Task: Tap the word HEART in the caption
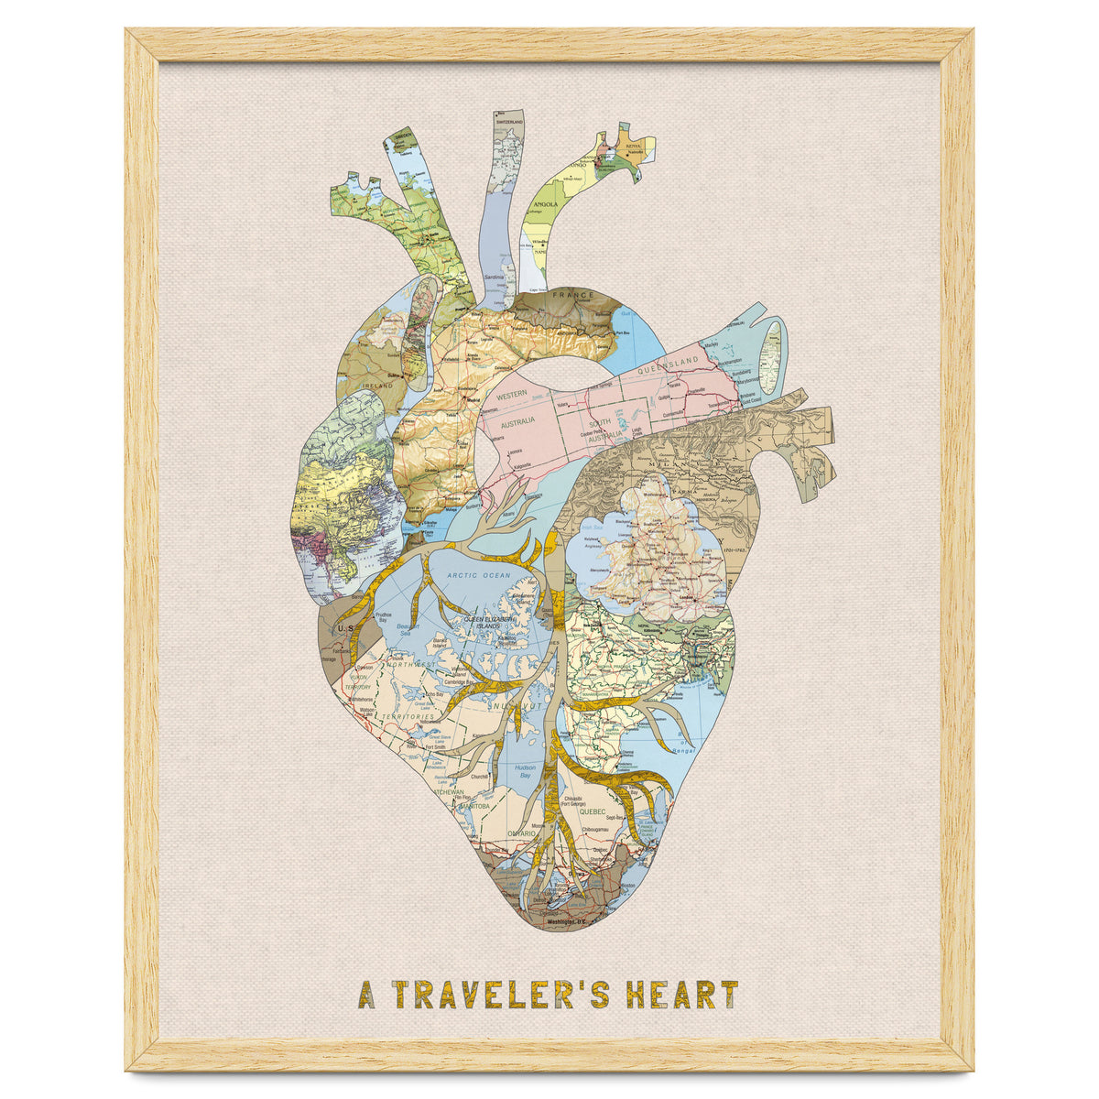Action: click(682, 994)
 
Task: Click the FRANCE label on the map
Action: click(572, 296)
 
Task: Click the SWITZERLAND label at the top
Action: click(509, 122)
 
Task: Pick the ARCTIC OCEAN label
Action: click(478, 575)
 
